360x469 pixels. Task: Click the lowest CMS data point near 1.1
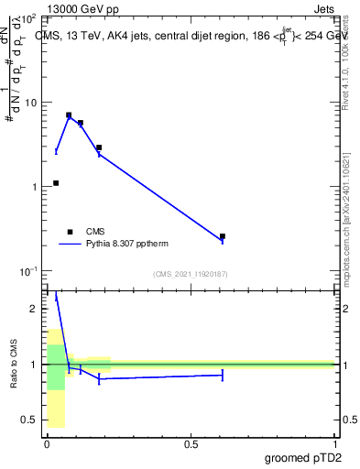click(x=56, y=183)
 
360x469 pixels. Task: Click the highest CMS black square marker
click(x=69, y=115)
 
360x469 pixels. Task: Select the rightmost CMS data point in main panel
click(x=223, y=236)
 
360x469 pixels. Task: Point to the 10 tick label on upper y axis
click(x=30, y=103)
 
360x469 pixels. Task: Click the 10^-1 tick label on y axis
click(x=27, y=271)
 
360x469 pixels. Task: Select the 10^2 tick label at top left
click(x=27, y=18)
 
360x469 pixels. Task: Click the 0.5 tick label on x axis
click(x=191, y=444)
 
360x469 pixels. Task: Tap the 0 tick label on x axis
click(x=47, y=444)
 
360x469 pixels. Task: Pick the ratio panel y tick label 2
click(x=34, y=309)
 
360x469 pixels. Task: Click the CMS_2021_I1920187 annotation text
click(x=190, y=274)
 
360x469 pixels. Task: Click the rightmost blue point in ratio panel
click(x=223, y=375)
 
